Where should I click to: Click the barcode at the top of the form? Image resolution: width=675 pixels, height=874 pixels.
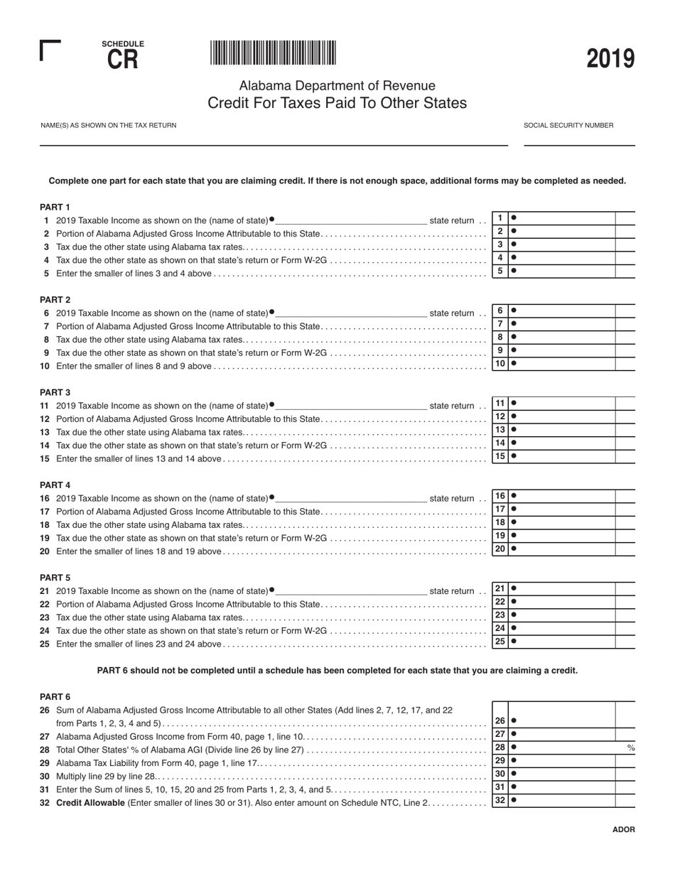pos(273,53)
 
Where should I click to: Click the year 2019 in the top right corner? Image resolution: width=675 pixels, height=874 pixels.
pos(610,59)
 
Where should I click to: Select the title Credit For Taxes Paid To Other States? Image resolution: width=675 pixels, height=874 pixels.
pos(337,103)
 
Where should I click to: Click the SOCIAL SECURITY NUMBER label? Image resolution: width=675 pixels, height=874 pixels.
pos(568,125)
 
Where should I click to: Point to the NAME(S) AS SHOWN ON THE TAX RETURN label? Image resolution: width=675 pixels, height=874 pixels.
pos(109,125)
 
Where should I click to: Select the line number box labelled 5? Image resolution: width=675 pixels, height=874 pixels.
pos(500,271)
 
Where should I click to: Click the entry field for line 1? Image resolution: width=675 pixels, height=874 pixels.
pos(561,218)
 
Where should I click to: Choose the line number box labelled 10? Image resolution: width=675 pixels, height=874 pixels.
pos(500,363)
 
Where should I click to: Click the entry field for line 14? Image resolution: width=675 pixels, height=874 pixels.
pos(561,443)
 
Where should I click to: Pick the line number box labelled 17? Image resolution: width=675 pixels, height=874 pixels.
pos(500,509)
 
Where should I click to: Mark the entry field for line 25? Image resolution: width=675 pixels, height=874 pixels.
pos(561,641)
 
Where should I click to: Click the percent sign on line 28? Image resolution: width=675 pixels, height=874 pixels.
pos(630,748)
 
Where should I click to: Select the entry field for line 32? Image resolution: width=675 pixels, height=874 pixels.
pos(561,800)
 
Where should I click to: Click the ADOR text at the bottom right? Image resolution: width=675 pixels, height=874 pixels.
pos(623,829)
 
